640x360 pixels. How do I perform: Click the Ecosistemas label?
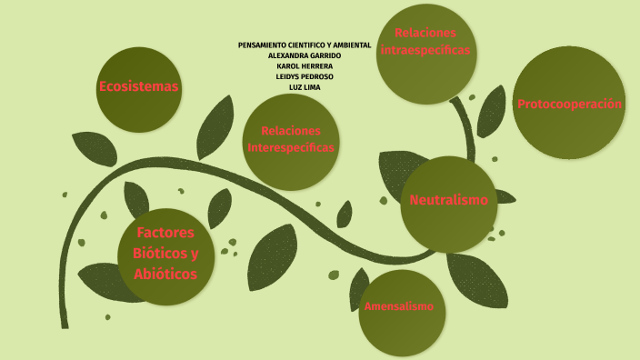138,87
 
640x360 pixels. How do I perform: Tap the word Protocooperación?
569,104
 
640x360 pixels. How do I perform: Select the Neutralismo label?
448,200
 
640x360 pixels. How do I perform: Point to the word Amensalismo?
398,306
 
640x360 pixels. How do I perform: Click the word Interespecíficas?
290,147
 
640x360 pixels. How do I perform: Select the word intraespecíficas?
425,50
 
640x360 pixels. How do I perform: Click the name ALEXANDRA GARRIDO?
304,55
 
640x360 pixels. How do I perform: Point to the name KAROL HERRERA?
304,66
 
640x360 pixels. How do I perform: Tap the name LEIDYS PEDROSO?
304,76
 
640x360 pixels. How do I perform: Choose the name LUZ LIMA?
304,87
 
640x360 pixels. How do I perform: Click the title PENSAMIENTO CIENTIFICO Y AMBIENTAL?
304,45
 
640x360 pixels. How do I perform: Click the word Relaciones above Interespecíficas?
290,131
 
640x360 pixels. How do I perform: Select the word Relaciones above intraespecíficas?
425,33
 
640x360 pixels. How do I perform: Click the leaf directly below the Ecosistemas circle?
94,148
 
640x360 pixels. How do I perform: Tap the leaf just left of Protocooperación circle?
491,112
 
